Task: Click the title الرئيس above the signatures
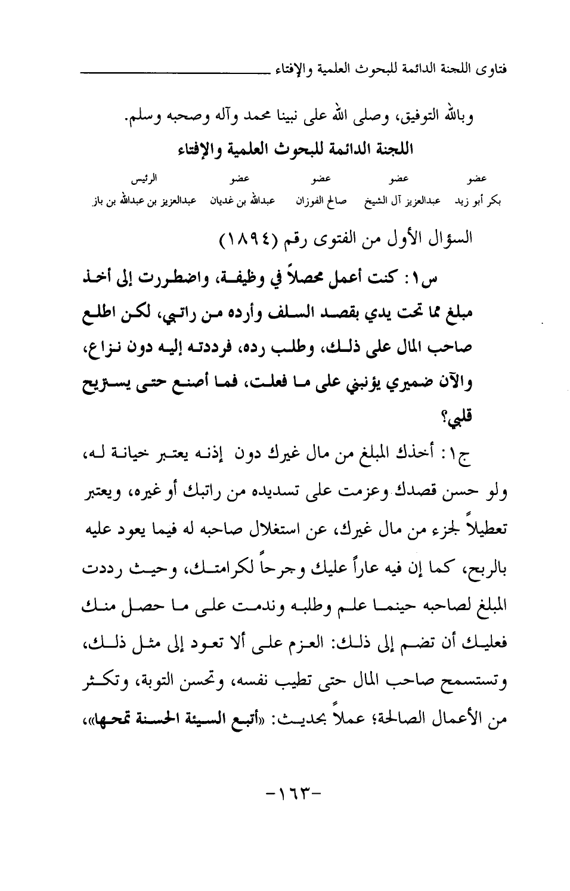(142, 179)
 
